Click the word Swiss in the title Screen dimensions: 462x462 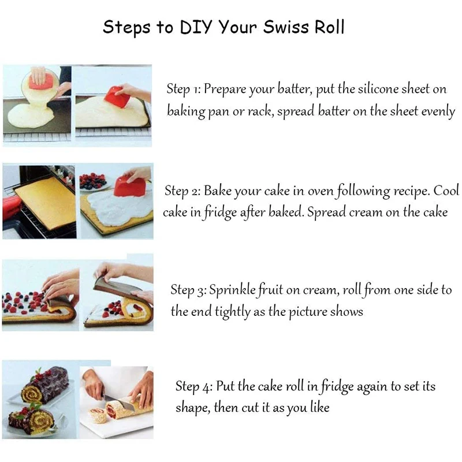point(286,27)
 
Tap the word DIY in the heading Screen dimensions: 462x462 point(196,27)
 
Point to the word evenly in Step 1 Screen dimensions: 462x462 point(438,112)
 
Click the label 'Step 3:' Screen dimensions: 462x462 point(188,290)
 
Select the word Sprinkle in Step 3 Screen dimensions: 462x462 point(232,290)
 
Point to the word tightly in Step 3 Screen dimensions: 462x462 point(233,312)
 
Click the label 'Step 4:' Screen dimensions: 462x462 point(193,386)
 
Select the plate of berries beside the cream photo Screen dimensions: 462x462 point(94,182)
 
